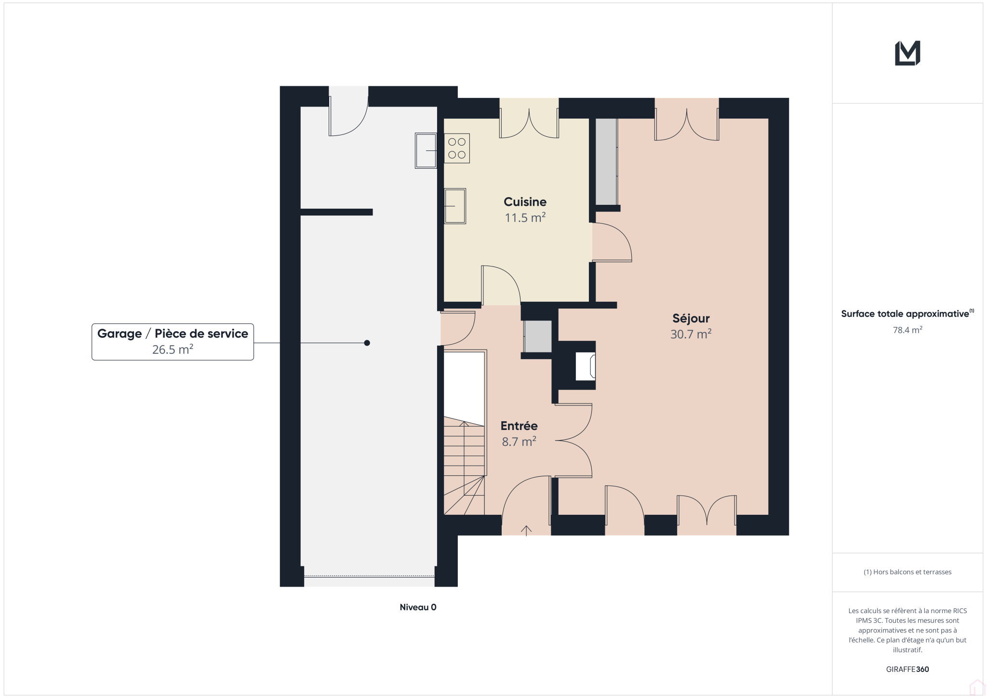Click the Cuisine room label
(525, 201)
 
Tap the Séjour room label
(691, 318)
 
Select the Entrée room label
(519, 426)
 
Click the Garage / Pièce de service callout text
(173, 334)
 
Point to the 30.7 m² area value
(691, 334)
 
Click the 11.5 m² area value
(525, 217)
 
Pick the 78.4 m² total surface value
(907, 330)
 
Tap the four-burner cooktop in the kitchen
(457, 148)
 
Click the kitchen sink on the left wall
(455, 206)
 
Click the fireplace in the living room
(585, 366)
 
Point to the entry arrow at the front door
(526, 530)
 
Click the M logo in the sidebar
(907, 53)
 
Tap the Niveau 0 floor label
(418, 607)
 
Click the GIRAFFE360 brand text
(907, 669)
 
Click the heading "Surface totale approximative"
(905, 314)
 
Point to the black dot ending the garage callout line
(367, 343)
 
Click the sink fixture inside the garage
(426, 150)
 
